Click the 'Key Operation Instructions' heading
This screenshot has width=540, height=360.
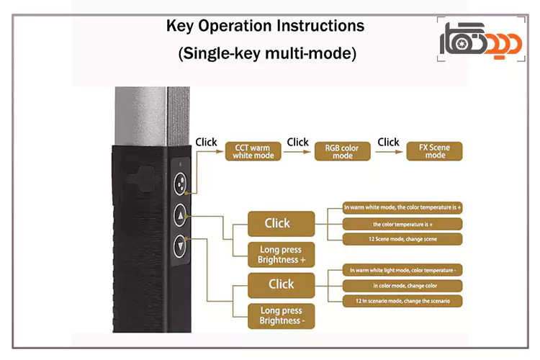pyautogui.click(x=266, y=27)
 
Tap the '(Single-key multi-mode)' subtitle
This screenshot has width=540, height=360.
pyautogui.click(x=266, y=54)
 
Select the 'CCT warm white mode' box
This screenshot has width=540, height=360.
pyautogui.click(x=253, y=151)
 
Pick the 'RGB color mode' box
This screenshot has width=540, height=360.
pyautogui.click(x=342, y=151)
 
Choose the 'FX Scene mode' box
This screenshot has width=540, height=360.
pyautogui.click(x=435, y=151)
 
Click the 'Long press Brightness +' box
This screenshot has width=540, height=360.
pyautogui.click(x=281, y=255)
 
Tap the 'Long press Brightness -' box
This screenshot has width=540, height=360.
pyautogui.click(x=281, y=315)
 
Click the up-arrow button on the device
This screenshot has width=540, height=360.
pyautogui.click(x=180, y=215)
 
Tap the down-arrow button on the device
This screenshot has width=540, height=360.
pyautogui.click(x=180, y=248)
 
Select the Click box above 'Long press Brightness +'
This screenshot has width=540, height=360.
pyautogui.click(x=281, y=223)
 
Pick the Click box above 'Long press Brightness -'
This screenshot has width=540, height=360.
pyautogui.click(x=281, y=284)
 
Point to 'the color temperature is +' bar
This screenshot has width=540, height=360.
pyautogui.click(x=402, y=223)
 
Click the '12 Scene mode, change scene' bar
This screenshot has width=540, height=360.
pyautogui.click(x=402, y=239)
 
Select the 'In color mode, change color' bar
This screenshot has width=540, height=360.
pyautogui.click(x=402, y=285)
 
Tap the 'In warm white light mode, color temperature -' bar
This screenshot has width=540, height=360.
pyautogui.click(x=402, y=270)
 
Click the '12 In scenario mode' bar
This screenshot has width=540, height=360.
pyautogui.click(x=402, y=300)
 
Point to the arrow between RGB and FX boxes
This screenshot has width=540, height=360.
pyautogui.click(x=389, y=151)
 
